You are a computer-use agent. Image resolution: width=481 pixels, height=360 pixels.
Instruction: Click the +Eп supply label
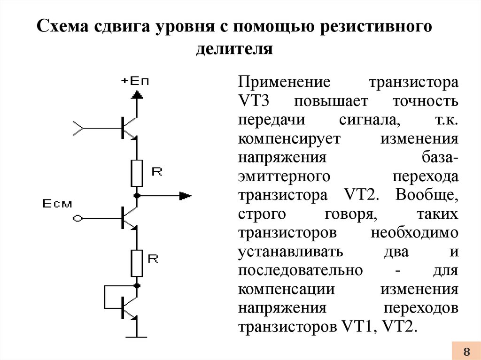tap(135, 81)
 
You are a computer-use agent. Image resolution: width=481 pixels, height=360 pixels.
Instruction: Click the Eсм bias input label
tap(57, 204)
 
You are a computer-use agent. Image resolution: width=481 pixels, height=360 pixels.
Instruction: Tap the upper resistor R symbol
tap(137, 173)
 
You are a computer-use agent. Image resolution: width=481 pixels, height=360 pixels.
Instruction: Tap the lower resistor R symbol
tap(137, 263)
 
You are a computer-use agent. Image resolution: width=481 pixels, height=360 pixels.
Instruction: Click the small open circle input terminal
tap(78, 218)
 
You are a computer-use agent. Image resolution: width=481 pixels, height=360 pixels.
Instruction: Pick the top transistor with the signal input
tap(129, 128)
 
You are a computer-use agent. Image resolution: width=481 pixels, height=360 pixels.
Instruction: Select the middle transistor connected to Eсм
tap(129, 218)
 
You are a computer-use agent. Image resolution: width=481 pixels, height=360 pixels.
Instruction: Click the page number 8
tap(466, 351)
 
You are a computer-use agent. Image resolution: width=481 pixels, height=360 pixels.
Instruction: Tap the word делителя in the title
tap(234, 49)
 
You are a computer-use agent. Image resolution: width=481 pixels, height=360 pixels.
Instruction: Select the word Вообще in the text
tap(427, 195)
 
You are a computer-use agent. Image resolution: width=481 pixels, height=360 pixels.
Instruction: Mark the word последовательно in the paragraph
tap(300, 270)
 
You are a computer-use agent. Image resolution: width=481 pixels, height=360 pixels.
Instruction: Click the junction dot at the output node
tap(137, 196)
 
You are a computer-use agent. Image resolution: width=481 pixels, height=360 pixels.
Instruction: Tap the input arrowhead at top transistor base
tap(78, 128)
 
